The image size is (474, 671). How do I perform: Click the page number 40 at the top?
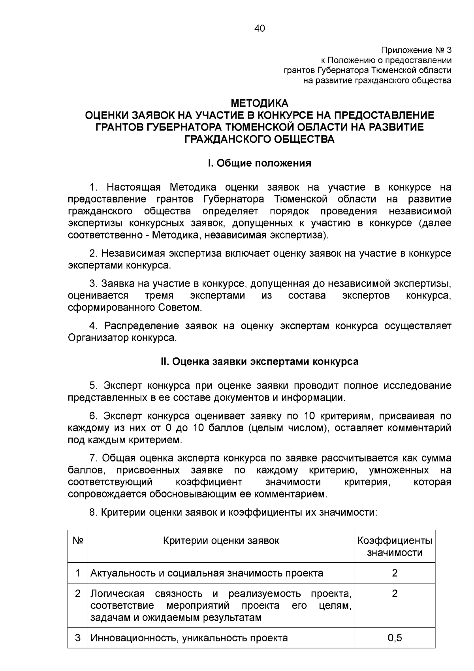[x=260, y=28]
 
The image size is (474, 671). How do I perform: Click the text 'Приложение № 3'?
[x=416, y=50]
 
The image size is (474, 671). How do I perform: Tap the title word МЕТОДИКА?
[x=260, y=104]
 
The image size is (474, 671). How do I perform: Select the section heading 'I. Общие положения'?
[x=260, y=163]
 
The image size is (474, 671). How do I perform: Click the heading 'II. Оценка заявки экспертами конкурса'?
[x=260, y=361]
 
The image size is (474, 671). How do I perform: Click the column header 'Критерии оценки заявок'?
[x=221, y=541]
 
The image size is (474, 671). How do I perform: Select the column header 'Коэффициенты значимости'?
[x=394, y=546]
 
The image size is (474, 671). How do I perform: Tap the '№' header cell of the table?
[x=77, y=541]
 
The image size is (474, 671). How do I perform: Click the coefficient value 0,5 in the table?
[x=394, y=638]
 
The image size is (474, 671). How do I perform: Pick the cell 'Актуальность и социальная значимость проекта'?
[x=207, y=573]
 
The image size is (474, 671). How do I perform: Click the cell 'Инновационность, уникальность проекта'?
[x=189, y=638]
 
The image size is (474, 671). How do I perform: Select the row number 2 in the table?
[x=77, y=594]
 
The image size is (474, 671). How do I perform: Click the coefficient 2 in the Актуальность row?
[x=394, y=573]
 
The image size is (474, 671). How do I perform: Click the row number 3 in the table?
[x=77, y=638]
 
